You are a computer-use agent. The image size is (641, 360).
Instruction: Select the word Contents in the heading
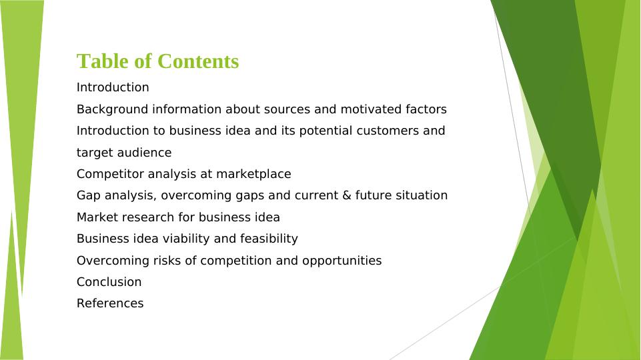coord(198,61)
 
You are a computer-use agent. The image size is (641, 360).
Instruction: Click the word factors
coord(426,109)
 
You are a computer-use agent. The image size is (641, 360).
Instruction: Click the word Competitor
coord(110,175)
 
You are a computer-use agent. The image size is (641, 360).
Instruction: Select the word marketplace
coord(253,175)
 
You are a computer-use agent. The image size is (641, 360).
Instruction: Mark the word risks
coord(167,261)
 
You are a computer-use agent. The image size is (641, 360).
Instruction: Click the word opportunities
coord(342,261)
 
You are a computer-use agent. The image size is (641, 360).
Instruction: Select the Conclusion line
coord(109,282)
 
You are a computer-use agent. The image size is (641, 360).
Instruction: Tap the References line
coord(110,303)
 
